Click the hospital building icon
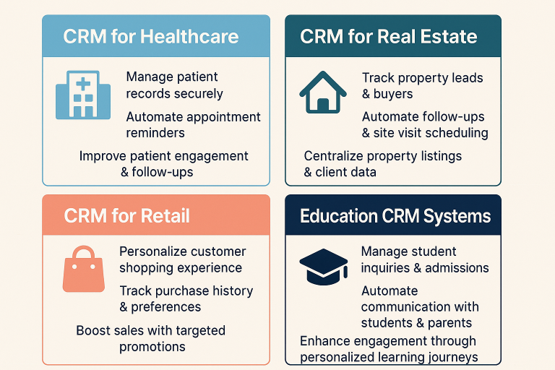[83, 95]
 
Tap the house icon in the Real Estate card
[323, 92]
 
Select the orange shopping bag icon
[84, 269]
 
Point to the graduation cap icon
[324, 267]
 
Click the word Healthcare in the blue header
[189, 36]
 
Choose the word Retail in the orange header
[165, 215]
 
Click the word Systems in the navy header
[457, 216]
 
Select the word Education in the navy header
[338, 215]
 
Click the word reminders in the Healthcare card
[155, 133]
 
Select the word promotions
[152, 347]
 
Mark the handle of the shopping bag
[84, 251]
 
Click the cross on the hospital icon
[83, 85]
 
